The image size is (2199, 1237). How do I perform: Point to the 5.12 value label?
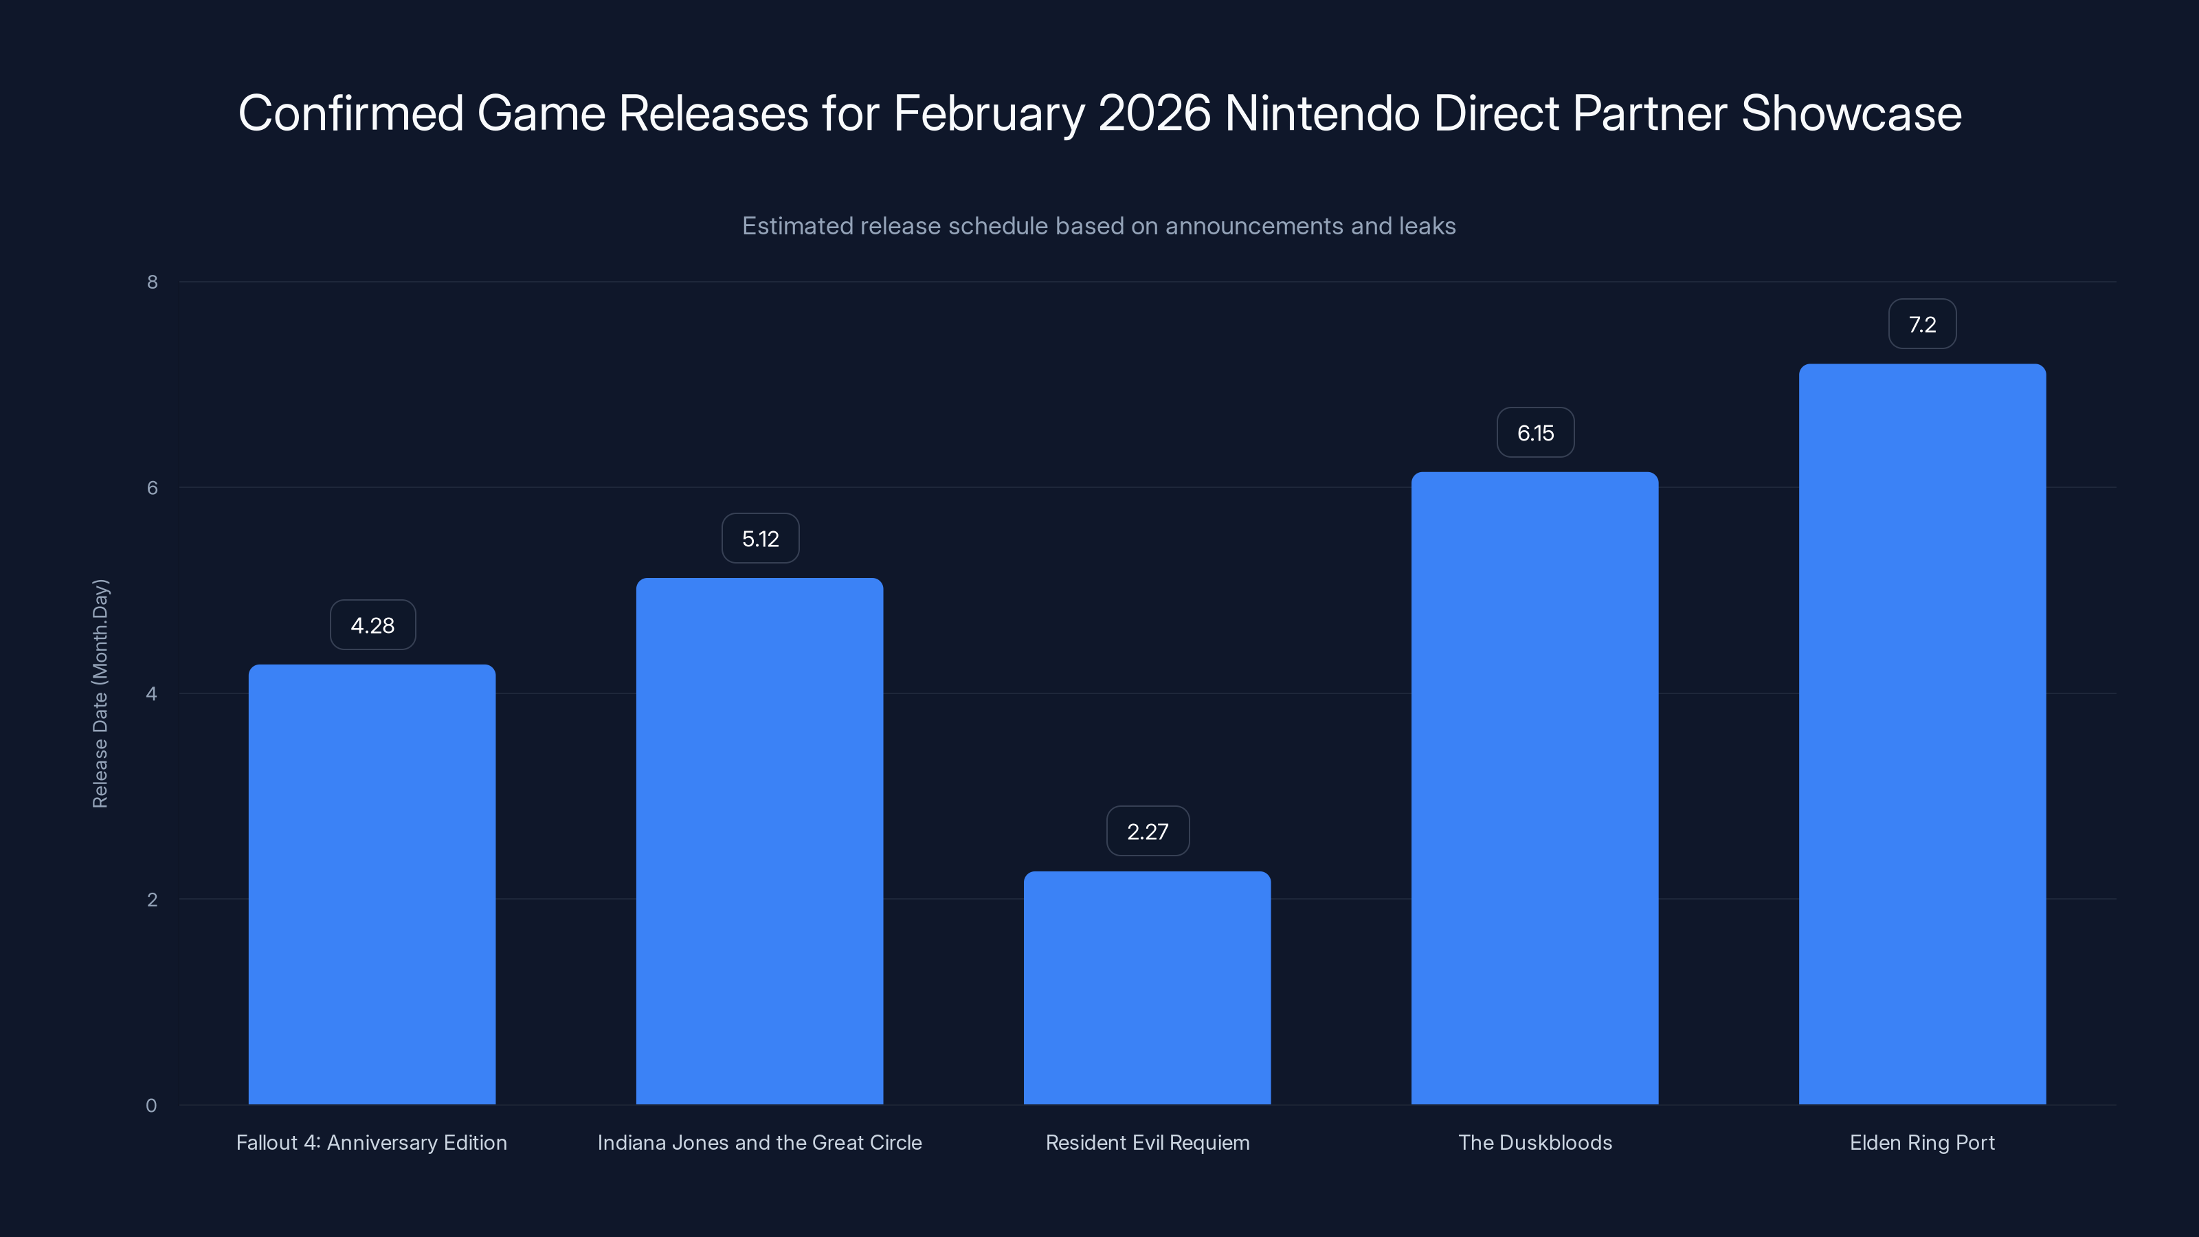pyautogui.click(x=760, y=539)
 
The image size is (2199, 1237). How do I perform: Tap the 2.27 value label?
pyautogui.click(x=1148, y=832)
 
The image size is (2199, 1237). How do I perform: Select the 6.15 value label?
pyautogui.click(x=1535, y=433)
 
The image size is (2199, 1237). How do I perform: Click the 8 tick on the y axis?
pyautogui.click(x=152, y=282)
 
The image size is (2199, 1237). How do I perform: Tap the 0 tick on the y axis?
pyautogui.click(x=151, y=1106)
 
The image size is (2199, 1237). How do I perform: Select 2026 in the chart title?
pyautogui.click(x=1154, y=113)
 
